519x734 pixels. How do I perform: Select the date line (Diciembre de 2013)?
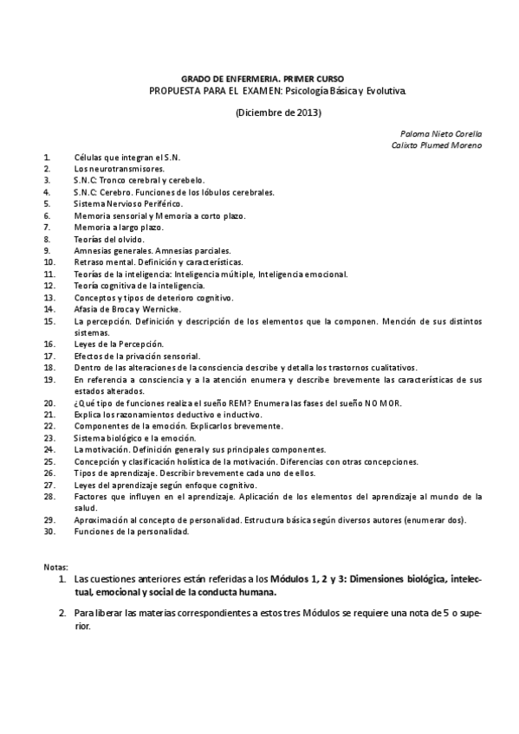279,112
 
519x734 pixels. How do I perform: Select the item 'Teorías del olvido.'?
109,238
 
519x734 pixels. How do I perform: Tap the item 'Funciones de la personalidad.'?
131,531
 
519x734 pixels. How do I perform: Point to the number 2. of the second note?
62,613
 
